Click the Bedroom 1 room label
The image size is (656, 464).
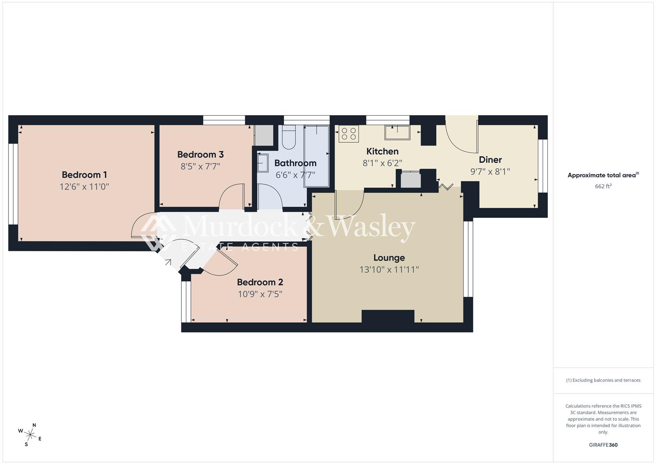point(84,175)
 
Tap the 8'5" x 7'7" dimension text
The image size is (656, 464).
point(200,166)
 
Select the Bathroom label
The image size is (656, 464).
point(295,163)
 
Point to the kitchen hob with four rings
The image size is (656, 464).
point(348,134)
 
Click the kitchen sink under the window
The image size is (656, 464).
point(397,132)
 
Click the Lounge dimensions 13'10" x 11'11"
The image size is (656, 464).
point(389,270)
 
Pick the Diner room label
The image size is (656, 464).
point(490,160)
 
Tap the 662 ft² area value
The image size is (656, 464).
point(603,186)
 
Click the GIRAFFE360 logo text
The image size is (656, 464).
point(603,445)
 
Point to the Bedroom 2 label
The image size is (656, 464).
point(260,282)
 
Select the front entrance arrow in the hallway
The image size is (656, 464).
point(168,262)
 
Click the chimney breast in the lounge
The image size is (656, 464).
point(388,316)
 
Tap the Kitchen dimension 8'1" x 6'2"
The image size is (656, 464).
point(382,163)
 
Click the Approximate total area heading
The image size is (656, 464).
point(603,175)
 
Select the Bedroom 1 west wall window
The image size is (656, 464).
point(13,184)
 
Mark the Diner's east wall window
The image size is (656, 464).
point(543,166)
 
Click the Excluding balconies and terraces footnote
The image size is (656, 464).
point(603,380)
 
